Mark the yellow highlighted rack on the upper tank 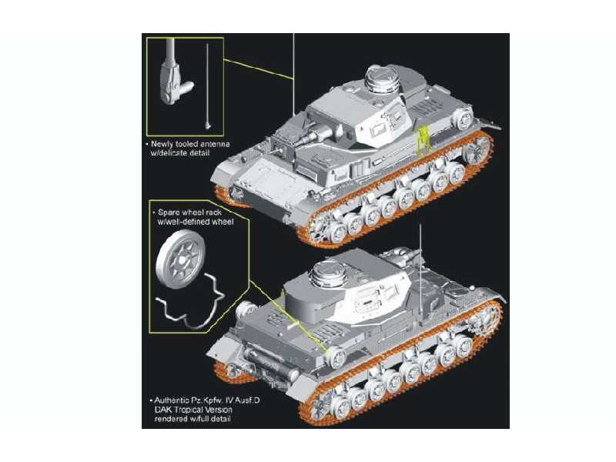pos(421,141)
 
